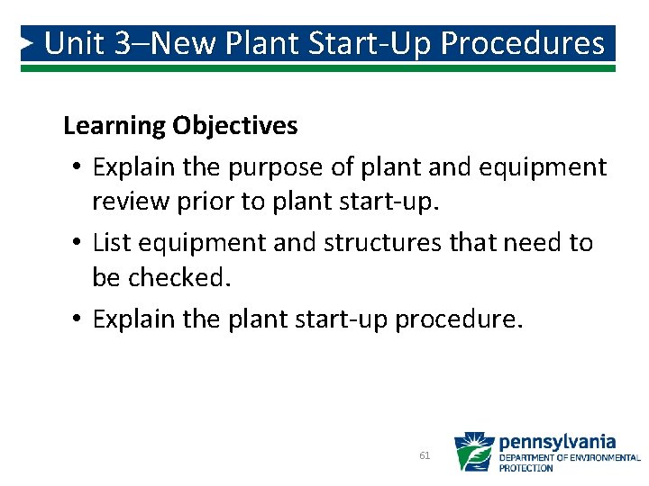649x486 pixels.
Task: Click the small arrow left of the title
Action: (29, 42)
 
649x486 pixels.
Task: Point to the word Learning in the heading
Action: (114, 126)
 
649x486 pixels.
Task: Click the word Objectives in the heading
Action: (235, 126)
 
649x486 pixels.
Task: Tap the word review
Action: (130, 202)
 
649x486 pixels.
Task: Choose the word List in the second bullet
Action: (110, 242)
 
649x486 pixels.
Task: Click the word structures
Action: (382, 242)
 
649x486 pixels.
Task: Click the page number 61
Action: (425, 455)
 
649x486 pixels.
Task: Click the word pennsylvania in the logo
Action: (557, 441)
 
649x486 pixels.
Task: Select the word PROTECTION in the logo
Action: (526, 468)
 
